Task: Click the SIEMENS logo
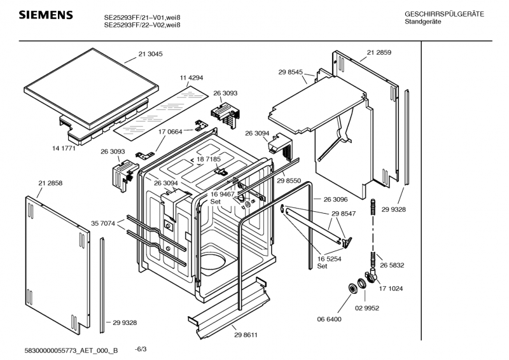(46, 15)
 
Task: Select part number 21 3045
(150, 54)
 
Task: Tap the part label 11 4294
(192, 78)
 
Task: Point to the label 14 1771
(64, 148)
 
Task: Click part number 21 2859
(379, 52)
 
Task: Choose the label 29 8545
(290, 72)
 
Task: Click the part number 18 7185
(209, 159)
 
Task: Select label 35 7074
(103, 223)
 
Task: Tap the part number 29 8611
(246, 335)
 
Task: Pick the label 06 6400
(329, 319)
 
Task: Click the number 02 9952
(367, 308)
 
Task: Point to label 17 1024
(391, 289)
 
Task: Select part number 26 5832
(392, 265)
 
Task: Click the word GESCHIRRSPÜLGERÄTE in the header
(444, 14)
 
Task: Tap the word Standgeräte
(422, 22)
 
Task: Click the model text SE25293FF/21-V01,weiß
(142, 18)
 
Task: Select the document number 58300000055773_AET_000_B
(71, 350)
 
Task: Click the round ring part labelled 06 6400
(352, 287)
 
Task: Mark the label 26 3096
(335, 199)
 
